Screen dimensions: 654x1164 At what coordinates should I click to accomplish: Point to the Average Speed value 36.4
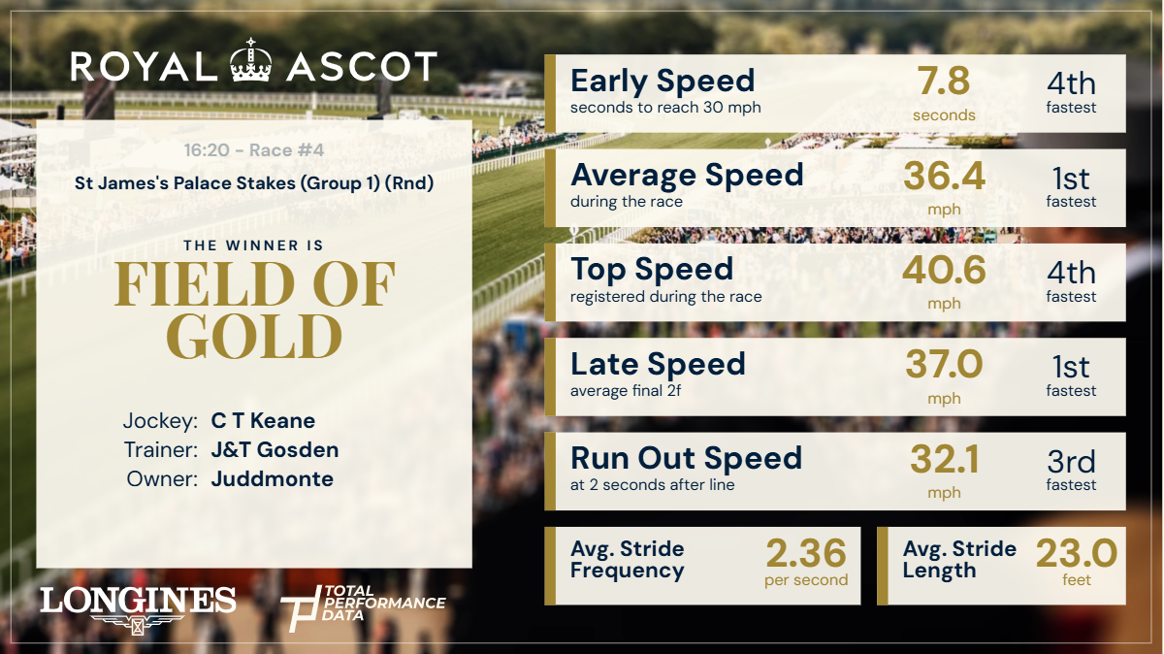944,178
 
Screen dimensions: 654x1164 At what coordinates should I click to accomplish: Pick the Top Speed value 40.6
944,272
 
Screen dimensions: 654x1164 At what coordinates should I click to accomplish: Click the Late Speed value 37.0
944,366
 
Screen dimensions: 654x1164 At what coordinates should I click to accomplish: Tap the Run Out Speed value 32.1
944,460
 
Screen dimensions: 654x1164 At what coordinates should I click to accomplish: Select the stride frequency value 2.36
806,554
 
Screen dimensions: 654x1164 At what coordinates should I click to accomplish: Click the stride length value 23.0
1077,554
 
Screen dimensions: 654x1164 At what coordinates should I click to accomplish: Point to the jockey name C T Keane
263,421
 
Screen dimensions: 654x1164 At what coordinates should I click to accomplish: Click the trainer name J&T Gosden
275,450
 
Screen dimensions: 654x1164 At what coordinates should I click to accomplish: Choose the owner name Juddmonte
272,479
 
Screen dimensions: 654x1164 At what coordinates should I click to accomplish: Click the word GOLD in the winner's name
254,336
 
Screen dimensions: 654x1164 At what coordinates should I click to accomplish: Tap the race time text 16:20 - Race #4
254,150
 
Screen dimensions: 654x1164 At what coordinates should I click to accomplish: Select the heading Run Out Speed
686,458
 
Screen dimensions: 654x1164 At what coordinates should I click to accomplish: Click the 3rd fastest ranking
1071,470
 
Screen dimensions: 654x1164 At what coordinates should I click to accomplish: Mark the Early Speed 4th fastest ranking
1071,93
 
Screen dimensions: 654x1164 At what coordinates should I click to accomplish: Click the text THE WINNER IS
254,245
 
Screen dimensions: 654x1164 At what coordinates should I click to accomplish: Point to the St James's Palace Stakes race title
254,181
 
